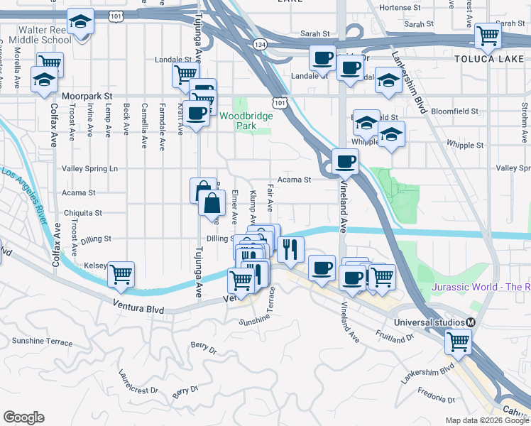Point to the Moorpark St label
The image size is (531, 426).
click(87, 94)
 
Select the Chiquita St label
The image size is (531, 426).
click(82, 212)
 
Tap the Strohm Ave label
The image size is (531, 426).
click(523, 117)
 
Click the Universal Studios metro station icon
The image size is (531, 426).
click(469, 322)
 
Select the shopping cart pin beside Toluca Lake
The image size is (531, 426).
click(488, 35)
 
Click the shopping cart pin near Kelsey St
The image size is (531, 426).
click(121, 273)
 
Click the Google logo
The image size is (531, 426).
click(23, 417)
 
